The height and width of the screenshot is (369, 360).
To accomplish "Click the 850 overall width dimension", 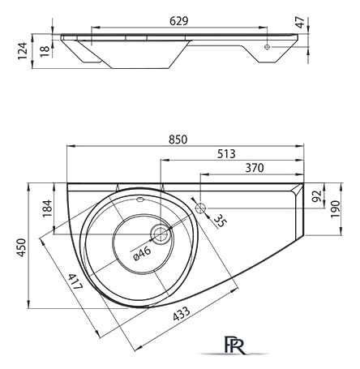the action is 178,139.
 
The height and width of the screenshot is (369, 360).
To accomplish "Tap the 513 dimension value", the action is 226,154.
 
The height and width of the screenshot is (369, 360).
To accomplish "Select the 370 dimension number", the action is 255,168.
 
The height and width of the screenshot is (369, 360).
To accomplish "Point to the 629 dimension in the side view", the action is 178,21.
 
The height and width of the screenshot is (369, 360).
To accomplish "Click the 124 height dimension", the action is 23,51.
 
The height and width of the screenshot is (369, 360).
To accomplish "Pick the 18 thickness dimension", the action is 45,51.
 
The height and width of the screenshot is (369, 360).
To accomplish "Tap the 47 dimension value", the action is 300,22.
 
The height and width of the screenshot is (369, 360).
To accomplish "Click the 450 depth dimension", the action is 22,247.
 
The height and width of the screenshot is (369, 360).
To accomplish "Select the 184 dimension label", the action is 47,208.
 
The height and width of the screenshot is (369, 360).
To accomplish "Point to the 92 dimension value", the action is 316,196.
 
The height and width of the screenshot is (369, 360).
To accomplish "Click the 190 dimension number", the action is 335,209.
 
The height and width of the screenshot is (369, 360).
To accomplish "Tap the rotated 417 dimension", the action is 75,281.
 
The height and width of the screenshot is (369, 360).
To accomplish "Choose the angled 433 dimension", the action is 182,314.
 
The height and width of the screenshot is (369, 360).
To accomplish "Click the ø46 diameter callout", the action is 143,254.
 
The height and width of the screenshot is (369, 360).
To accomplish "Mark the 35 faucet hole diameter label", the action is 221,221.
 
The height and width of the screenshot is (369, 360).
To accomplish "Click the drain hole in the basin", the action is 161,234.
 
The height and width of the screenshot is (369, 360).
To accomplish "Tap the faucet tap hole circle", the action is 201,208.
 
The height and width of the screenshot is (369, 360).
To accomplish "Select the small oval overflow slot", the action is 140,200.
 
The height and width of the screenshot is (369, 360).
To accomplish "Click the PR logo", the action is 234,345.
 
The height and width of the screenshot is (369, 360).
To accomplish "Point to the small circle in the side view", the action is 267,47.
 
